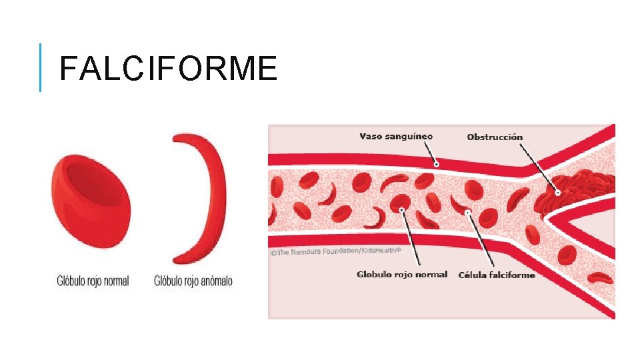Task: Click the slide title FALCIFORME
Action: tap(168, 69)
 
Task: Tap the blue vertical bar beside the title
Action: tap(41, 67)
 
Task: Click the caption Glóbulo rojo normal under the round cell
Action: tap(93, 281)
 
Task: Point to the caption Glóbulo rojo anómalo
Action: tap(193, 281)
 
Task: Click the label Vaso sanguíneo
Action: tap(396, 137)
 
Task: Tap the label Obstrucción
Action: tap(495, 137)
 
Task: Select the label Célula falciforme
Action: tap(497, 275)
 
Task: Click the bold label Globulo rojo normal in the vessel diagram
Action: tap(402, 275)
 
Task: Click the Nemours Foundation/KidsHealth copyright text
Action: tap(335, 251)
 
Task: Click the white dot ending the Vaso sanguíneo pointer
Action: tap(436, 163)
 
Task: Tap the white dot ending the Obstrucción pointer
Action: tap(557, 191)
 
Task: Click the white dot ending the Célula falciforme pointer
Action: tap(469, 213)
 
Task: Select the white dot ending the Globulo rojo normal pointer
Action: tap(403, 209)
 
